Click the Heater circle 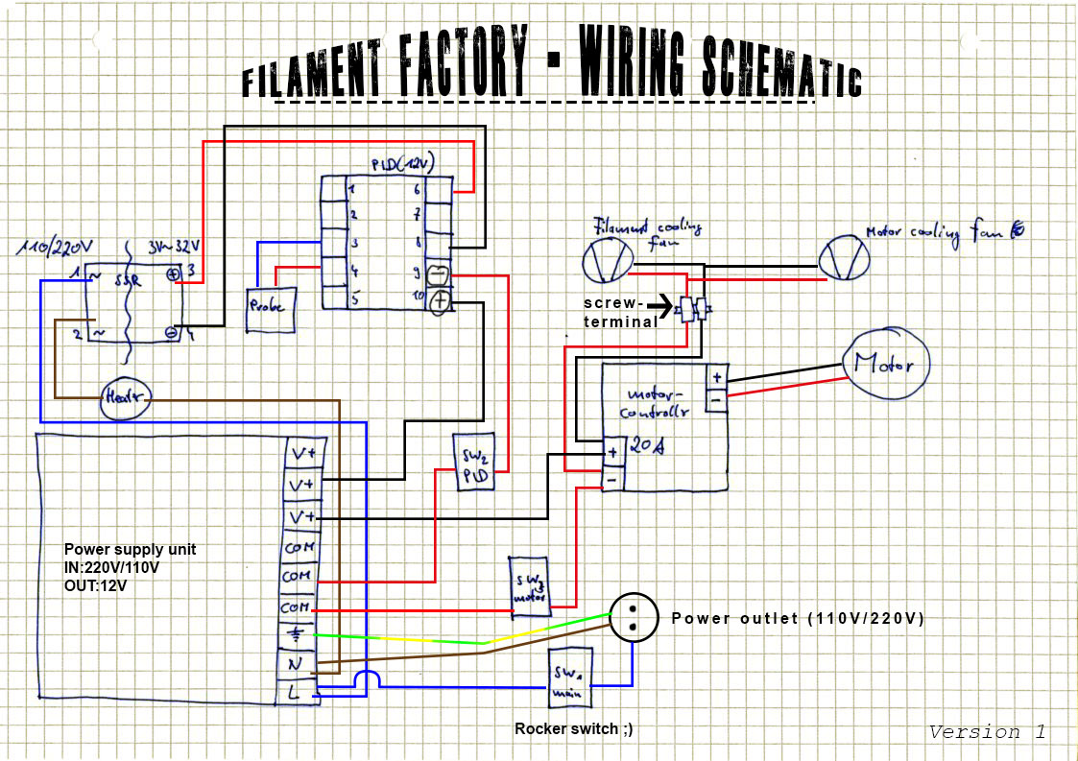coord(125,397)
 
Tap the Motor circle coord(887,365)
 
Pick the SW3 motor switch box coord(529,584)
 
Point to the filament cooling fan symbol coord(608,259)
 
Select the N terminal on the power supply coord(296,663)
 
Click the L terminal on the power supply coord(296,692)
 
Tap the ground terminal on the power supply coord(296,634)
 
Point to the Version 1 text coord(987,732)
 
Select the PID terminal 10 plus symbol coord(440,302)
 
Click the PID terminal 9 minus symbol coord(438,273)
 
